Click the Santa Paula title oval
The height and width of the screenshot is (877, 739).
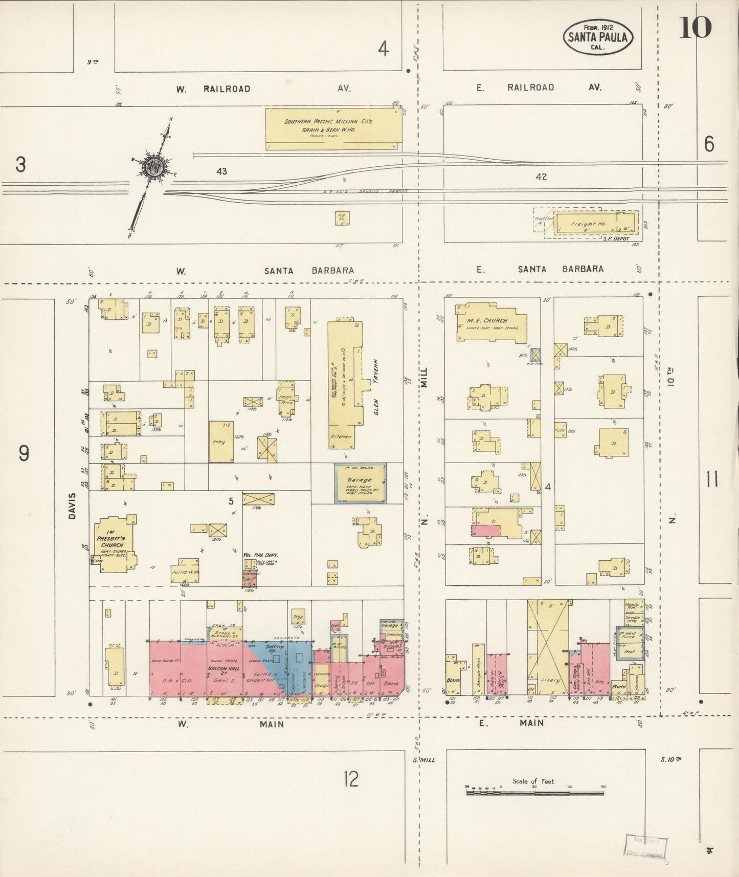tap(597, 37)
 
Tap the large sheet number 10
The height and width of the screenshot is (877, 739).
tap(695, 27)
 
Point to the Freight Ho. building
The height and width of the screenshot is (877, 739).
tap(596, 223)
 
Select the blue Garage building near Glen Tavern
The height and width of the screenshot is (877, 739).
tap(360, 483)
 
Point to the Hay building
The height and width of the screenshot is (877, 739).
tap(221, 441)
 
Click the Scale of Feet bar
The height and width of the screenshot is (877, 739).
tap(534, 793)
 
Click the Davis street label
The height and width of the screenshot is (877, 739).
tap(72, 506)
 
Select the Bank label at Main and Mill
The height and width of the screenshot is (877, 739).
tap(392, 683)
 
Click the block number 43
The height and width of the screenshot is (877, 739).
tap(221, 171)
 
